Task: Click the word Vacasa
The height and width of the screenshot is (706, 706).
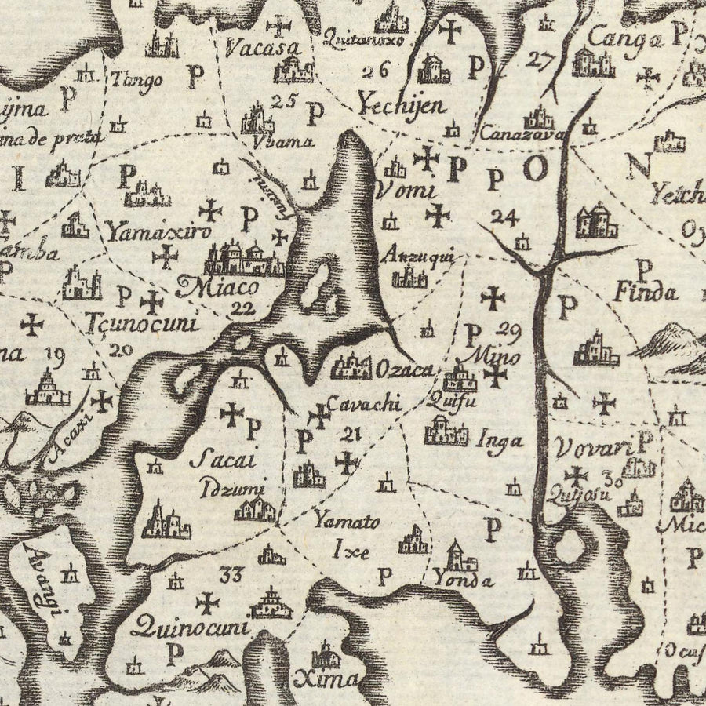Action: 261,49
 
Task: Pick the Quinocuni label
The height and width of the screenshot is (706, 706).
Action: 190,627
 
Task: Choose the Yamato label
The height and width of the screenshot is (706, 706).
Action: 347,521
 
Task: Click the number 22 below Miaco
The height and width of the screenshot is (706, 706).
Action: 243,309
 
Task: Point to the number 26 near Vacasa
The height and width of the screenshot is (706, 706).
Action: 376,71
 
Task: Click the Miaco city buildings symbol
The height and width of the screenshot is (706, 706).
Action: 245,259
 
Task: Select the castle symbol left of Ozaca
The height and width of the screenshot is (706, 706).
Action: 351,365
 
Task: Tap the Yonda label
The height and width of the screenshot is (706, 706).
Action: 464,581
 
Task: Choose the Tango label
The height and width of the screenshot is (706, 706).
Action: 137,79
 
